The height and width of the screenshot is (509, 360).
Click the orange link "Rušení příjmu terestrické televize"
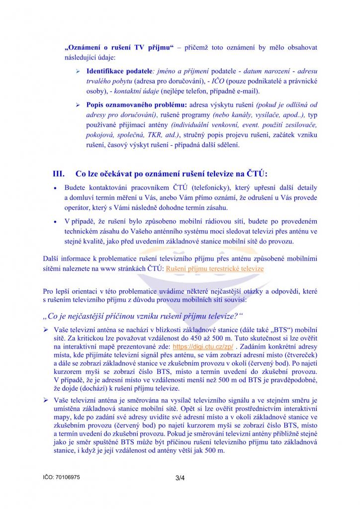(x=215, y=268)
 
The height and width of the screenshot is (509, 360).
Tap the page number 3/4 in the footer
(x=180, y=478)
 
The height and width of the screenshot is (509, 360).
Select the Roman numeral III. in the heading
(x=59, y=173)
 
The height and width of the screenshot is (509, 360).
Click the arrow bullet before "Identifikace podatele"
(x=78, y=72)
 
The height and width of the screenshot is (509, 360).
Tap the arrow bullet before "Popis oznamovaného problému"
(x=78, y=105)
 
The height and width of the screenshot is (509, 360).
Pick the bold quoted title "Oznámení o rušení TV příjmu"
(x=118, y=47)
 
